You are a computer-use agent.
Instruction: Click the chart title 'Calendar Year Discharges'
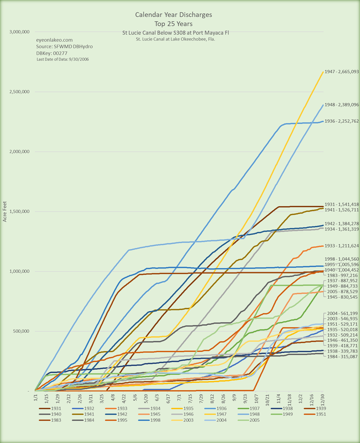173,15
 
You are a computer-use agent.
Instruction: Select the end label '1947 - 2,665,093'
341,72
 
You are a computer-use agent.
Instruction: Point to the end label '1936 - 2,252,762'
341,121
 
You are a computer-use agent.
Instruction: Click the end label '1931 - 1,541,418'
341,205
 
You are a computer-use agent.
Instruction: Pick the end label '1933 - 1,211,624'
341,246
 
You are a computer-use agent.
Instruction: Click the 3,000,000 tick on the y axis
21,32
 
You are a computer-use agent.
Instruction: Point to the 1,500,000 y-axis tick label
21,212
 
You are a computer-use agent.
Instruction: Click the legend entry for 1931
51,408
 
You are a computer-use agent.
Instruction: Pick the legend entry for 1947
212,415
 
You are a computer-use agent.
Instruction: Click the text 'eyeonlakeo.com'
55,40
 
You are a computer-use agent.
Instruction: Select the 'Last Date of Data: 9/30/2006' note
63,59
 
